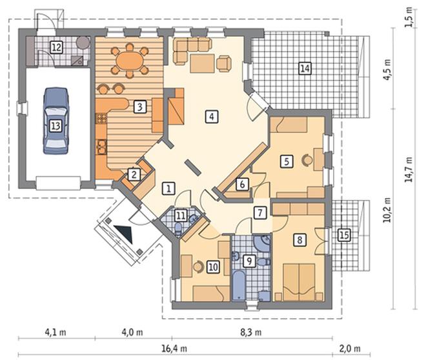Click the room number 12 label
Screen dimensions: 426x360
coord(57,47)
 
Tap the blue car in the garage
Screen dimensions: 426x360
coord(56,121)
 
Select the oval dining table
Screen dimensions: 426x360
coord(130,60)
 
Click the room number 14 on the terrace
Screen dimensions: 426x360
coord(305,68)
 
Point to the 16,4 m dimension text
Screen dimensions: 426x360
coord(174,348)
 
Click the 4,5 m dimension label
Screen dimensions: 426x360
coord(387,69)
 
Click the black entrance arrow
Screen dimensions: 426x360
coord(125,233)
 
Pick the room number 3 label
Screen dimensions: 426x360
coord(140,106)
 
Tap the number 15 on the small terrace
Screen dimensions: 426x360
coord(344,235)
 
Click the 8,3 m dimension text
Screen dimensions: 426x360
coord(251,332)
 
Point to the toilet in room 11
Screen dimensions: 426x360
coord(178,228)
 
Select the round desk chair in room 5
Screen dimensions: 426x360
coord(307,159)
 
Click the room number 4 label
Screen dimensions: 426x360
coord(212,117)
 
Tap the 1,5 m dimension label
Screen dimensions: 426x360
coord(409,17)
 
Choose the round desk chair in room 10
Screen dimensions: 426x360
coord(198,266)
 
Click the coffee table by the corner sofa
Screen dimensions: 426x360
coord(203,63)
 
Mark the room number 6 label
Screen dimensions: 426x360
coord(242,184)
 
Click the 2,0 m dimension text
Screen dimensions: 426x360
coord(349,348)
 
